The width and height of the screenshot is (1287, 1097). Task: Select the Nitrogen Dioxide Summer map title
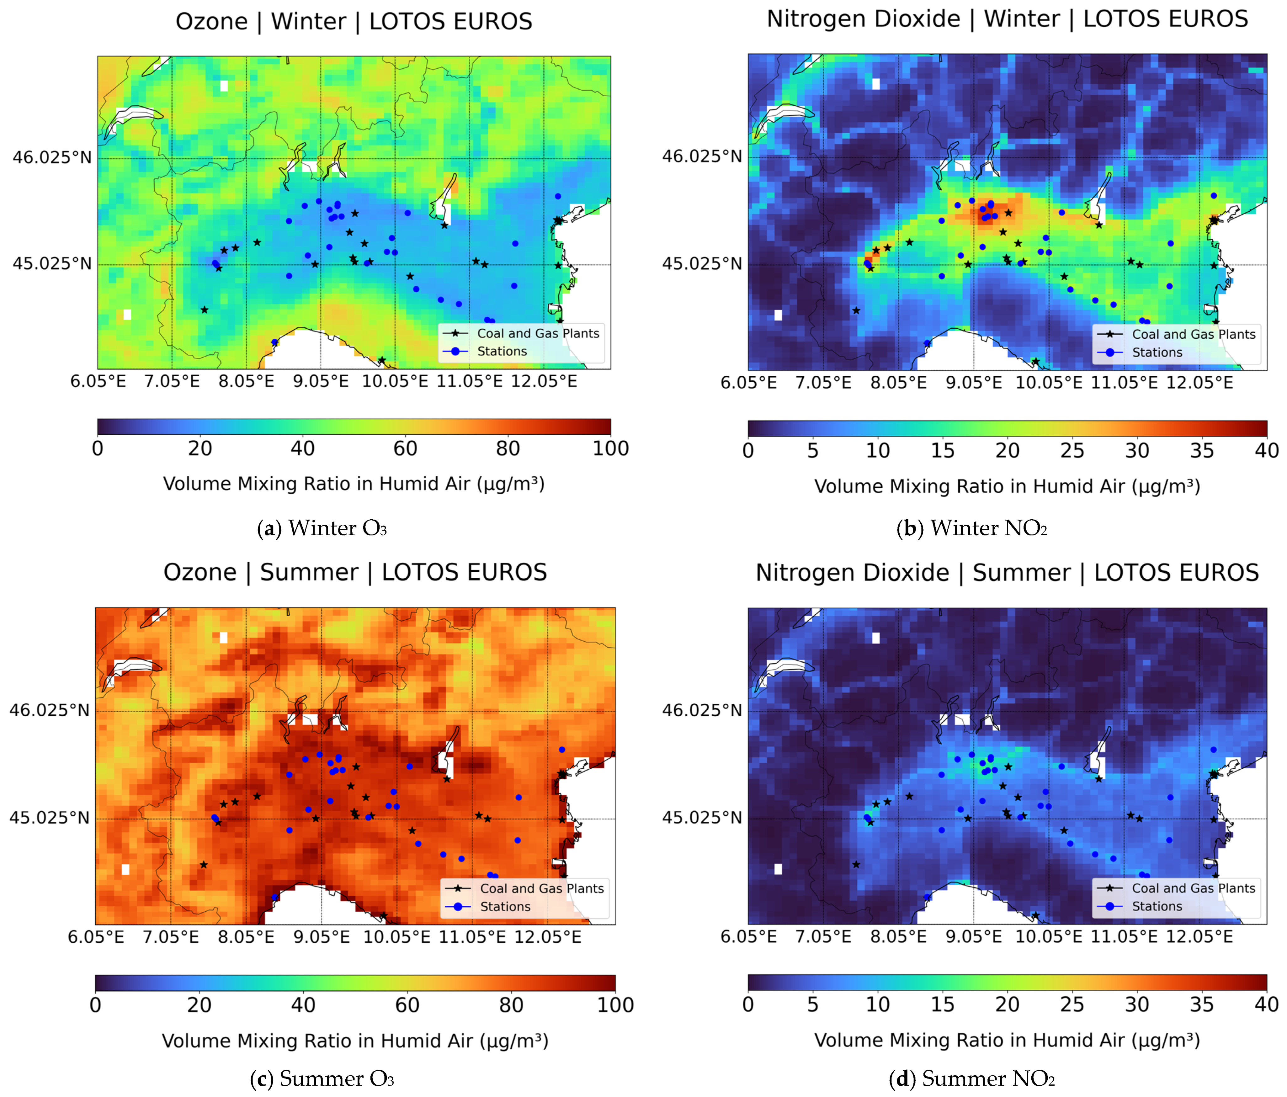click(x=1007, y=573)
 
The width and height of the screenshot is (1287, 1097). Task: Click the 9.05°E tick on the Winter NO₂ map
click(x=973, y=383)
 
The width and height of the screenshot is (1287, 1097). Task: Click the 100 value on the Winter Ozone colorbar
click(x=611, y=448)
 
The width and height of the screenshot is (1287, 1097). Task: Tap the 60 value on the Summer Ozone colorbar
click(x=407, y=1005)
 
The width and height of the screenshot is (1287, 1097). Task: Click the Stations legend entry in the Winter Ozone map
click(x=502, y=352)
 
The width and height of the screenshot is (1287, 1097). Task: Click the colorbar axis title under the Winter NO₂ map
click(x=1007, y=486)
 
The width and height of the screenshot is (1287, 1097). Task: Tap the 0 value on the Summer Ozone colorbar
click(x=96, y=1005)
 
